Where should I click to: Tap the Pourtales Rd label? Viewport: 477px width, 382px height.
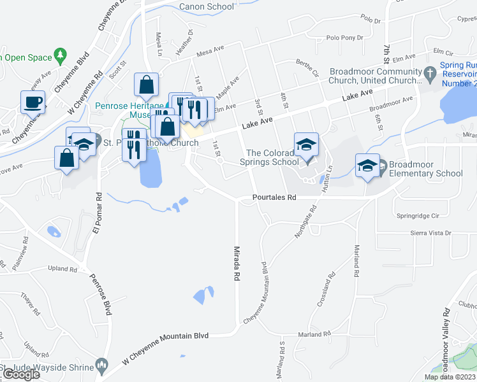coord(274,198)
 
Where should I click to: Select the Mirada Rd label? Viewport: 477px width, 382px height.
coord(236,264)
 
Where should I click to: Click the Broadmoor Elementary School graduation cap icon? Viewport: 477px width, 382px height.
coord(367,166)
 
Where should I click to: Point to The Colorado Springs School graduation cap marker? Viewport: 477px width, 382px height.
coord(306,145)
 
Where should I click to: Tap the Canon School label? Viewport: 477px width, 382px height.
coord(207,7)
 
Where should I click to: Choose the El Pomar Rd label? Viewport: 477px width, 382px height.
coord(98,213)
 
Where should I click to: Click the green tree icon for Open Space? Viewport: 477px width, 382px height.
coord(61,55)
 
